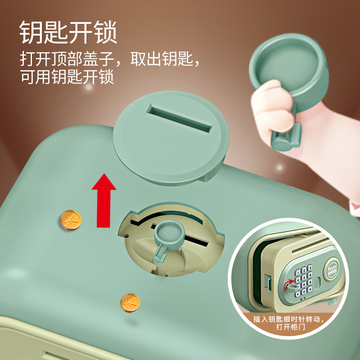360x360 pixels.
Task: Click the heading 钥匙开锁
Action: (x=68, y=32)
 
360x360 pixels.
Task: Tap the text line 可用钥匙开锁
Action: (x=67, y=76)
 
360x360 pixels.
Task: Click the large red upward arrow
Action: (x=104, y=200)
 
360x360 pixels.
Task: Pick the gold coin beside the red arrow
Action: (x=71, y=220)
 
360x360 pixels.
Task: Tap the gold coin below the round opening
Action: (x=130, y=302)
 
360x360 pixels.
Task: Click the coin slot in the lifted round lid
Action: (x=180, y=118)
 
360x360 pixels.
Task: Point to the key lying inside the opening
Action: (x=167, y=239)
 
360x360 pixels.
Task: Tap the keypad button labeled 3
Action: (x=310, y=267)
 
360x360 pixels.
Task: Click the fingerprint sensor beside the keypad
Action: (x=317, y=282)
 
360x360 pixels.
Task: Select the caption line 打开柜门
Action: (x=290, y=327)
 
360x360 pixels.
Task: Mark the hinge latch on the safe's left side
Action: (x=267, y=281)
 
